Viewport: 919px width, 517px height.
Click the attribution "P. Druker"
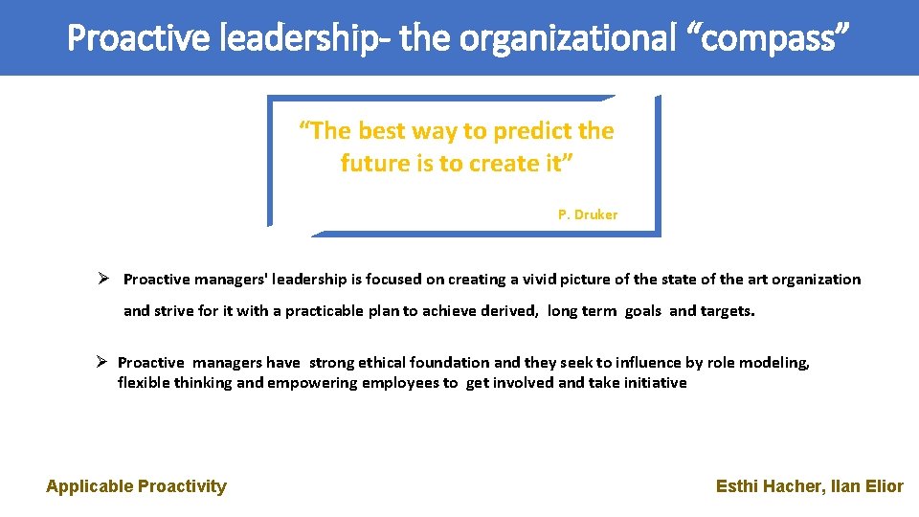(x=588, y=215)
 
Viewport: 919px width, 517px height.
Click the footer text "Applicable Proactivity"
(x=136, y=486)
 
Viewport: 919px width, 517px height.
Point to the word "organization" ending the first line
(x=817, y=280)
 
